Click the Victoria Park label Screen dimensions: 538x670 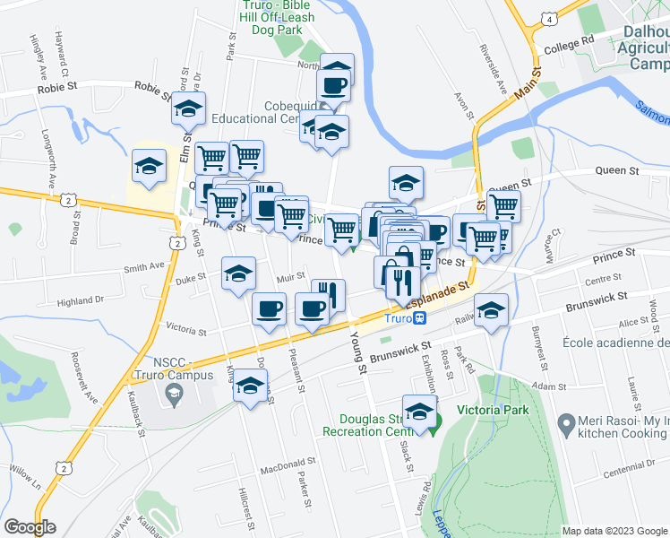[x=494, y=411]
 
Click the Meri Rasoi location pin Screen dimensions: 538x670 [x=565, y=421]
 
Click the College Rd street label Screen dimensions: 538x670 [x=569, y=42]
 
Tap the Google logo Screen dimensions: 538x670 [x=30, y=527]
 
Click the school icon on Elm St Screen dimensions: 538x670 [x=189, y=110]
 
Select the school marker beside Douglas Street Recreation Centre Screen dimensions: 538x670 [x=418, y=412]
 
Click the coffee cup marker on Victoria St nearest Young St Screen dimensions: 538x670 [x=312, y=310]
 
